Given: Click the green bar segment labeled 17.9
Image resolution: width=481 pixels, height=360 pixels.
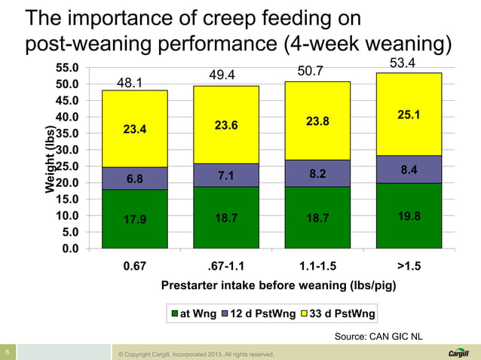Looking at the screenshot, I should click(135, 218).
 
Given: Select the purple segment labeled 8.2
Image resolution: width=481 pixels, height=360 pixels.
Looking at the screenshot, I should click(317, 173).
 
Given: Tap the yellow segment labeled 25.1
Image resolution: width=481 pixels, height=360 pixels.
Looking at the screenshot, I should click(409, 114).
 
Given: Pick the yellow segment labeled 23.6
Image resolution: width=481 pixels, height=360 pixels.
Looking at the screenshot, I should click(226, 125).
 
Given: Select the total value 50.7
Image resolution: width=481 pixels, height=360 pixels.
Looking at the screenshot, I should click(310, 72).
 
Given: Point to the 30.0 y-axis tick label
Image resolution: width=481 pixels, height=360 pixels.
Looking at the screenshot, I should click(69, 150).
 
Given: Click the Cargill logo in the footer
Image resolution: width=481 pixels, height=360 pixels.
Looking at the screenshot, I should click(458, 352).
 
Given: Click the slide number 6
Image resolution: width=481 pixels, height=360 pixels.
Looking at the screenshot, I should click(7, 352).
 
